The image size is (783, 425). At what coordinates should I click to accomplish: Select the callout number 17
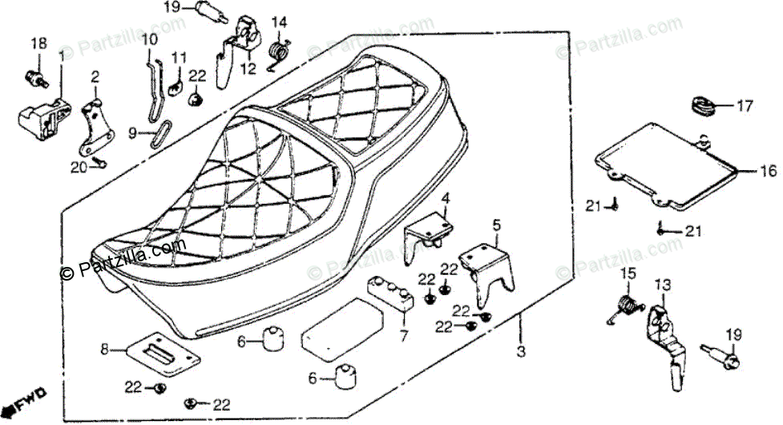[745, 105]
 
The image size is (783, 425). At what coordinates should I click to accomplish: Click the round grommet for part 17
[702, 105]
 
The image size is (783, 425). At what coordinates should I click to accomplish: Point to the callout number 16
[768, 170]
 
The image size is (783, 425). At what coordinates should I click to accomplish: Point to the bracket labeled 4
[430, 229]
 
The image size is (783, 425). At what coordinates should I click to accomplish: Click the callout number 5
[496, 226]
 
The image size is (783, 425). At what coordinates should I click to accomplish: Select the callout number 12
[248, 69]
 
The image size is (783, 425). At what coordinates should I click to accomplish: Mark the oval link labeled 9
[162, 134]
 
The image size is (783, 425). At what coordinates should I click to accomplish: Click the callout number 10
[150, 39]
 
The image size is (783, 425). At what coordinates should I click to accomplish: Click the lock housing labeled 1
[40, 117]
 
